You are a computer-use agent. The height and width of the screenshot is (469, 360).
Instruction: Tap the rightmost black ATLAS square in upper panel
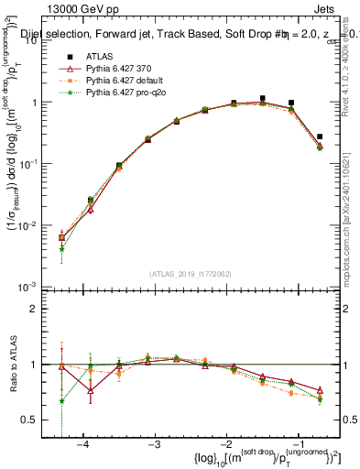pyautogui.click(x=319, y=136)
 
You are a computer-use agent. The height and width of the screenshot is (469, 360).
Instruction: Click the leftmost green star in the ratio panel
pyautogui.click(x=61, y=400)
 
